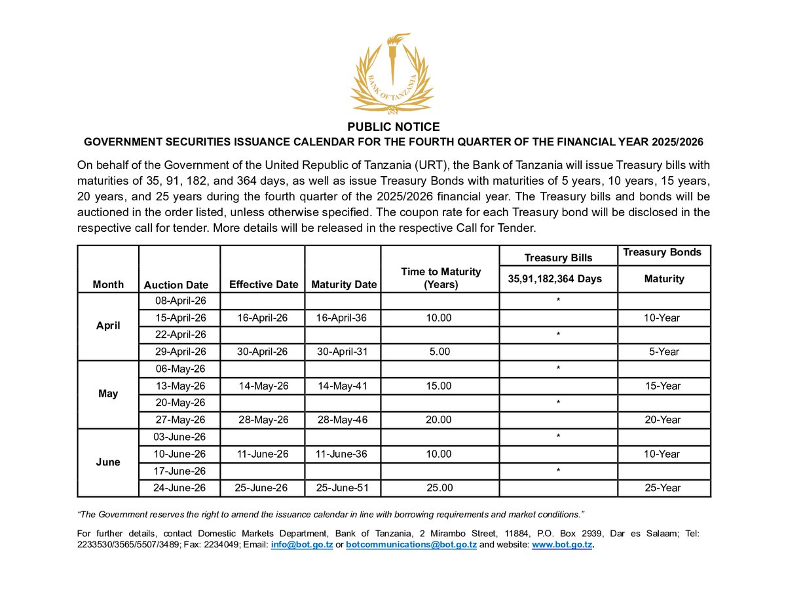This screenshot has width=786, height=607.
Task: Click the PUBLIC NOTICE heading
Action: click(x=393, y=127)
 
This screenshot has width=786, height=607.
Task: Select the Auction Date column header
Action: click(x=176, y=285)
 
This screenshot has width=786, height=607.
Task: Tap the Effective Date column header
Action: click(x=263, y=284)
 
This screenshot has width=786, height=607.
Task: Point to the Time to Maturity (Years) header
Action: click(x=441, y=278)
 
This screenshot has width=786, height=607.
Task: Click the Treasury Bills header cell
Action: click(x=559, y=258)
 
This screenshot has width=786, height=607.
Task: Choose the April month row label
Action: click(x=108, y=325)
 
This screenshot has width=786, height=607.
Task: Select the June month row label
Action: click(x=108, y=462)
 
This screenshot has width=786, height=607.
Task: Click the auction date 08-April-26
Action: click(x=180, y=301)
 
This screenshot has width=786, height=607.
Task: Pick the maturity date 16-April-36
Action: click(x=341, y=318)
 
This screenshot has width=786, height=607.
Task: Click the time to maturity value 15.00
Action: click(x=438, y=386)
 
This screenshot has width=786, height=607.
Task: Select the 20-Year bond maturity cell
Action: click(x=663, y=420)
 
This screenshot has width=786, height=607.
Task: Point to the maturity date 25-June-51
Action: click(x=342, y=488)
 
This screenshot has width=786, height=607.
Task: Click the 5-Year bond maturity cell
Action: click(x=664, y=352)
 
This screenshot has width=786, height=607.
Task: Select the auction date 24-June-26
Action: click(x=179, y=488)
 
